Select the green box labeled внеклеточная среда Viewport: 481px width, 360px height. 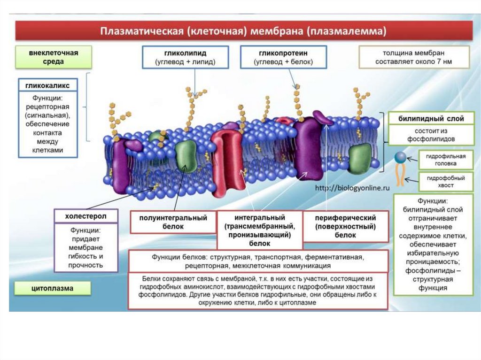(x=53, y=57)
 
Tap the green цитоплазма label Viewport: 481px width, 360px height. (x=53, y=288)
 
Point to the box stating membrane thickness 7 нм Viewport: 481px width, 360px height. (x=414, y=57)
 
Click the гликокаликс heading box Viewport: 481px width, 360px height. (x=47, y=86)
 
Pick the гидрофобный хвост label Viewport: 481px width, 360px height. (x=445, y=182)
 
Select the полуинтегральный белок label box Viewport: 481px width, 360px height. (x=173, y=222)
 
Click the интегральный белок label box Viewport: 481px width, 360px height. (x=259, y=230)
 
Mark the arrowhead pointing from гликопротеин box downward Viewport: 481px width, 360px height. (x=296, y=86)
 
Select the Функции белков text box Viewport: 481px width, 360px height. (x=258, y=261)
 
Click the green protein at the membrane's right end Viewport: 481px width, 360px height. (x=360, y=158)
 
